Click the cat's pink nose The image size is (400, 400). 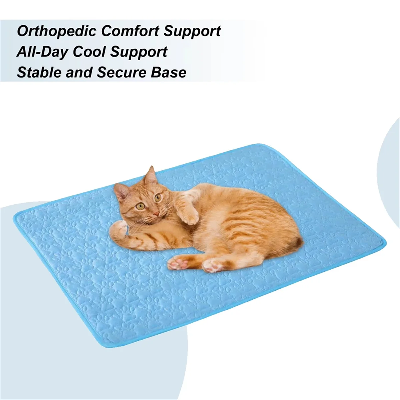(x=156, y=213)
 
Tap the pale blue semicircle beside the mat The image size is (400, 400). (x=390, y=167)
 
